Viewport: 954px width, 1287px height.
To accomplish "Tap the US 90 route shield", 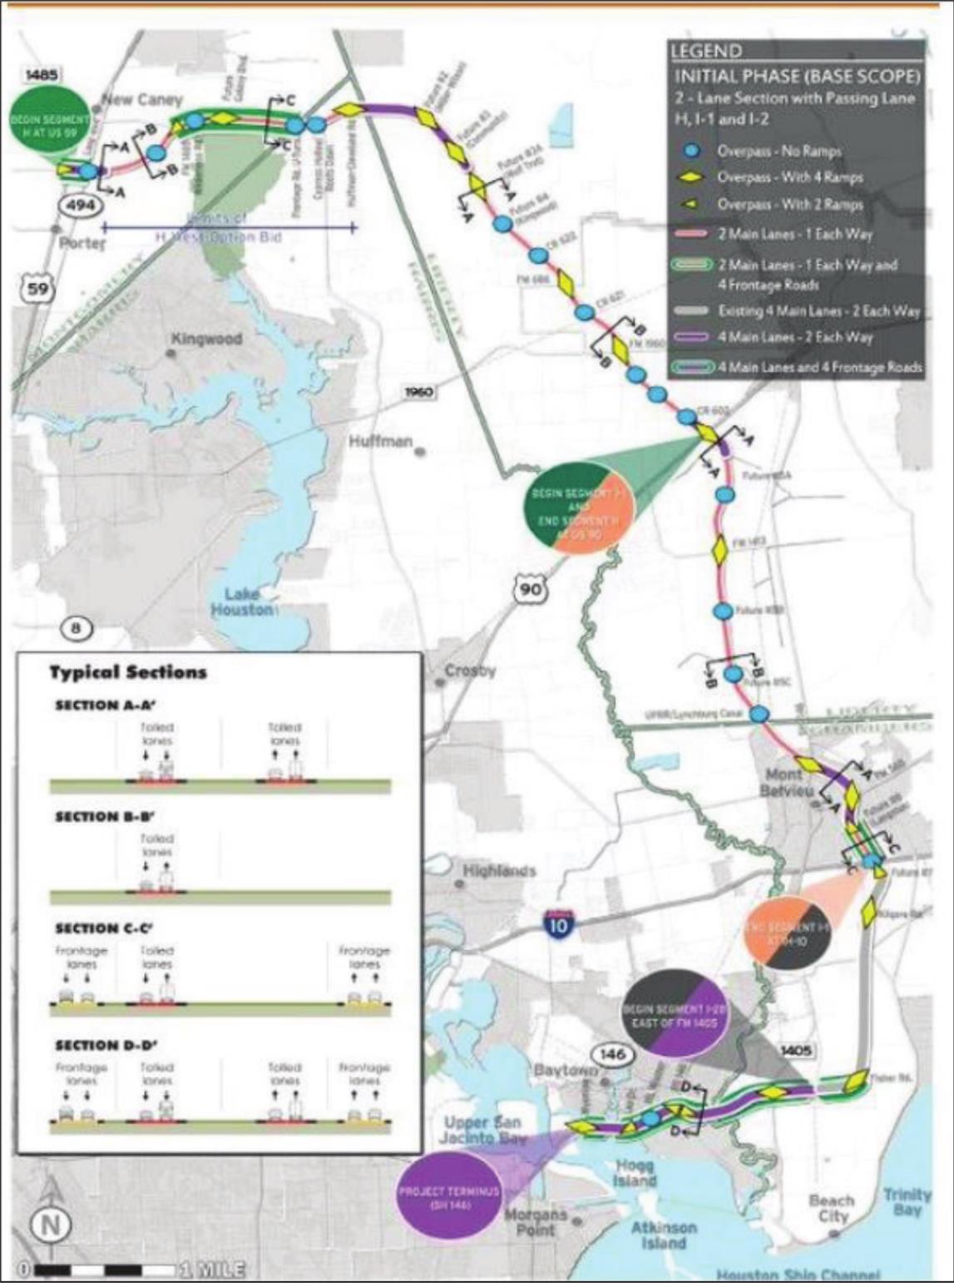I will point(530,589).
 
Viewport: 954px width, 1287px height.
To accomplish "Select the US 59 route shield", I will point(37,289).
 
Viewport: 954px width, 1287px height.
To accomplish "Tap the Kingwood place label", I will point(206,339).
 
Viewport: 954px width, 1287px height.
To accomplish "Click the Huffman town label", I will point(381,442).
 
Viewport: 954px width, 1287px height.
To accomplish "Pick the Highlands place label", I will point(499,871).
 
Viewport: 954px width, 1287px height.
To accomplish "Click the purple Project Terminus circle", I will point(449,1196).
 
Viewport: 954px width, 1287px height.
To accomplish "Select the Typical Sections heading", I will point(127,672).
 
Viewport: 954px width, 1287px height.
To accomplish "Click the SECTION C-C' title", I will point(105,928).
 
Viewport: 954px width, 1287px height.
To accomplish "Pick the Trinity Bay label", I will point(907,1202).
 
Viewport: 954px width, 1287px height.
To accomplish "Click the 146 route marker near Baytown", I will point(612,1055).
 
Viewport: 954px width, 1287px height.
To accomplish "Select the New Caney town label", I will point(141,100).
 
